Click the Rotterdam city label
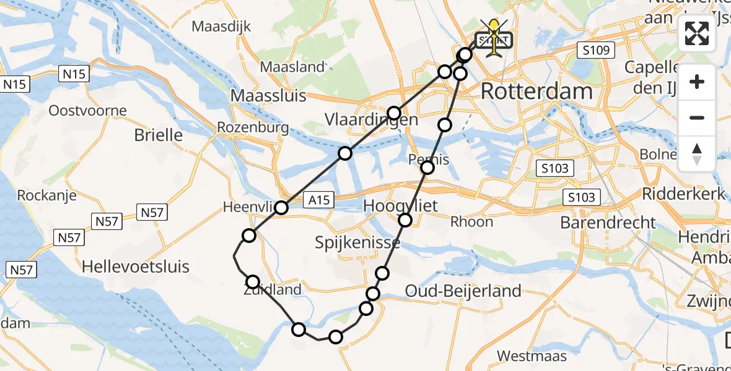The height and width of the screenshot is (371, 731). pyautogui.click(x=536, y=92)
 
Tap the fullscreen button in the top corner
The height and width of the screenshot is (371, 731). pyautogui.click(x=697, y=33)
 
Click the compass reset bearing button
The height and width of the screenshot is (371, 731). pyautogui.click(x=697, y=153)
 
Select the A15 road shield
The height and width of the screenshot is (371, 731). pyautogui.click(x=320, y=199)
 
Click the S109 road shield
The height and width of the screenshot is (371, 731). pyautogui.click(x=595, y=51)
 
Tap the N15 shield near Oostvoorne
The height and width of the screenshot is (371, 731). pyautogui.click(x=74, y=75)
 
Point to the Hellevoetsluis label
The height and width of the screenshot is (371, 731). pyautogui.click(x=136, y=267)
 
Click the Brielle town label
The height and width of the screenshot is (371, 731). pyautogui.click(x=159, y=135)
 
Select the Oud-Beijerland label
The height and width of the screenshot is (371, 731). pyautogui.click(x=463, y=291)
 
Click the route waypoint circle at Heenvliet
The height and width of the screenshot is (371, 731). pyautogui.click(x=281, y=208)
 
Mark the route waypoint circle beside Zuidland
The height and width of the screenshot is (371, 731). pyautogui.click(x=253, y=282)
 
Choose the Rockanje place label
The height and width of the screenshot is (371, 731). pyautogui.click(x=46, y=195)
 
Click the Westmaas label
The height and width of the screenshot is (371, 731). pyautogui.click(x=523, y=356)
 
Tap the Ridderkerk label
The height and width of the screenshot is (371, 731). pyautogui.click(x=683, y=194)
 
